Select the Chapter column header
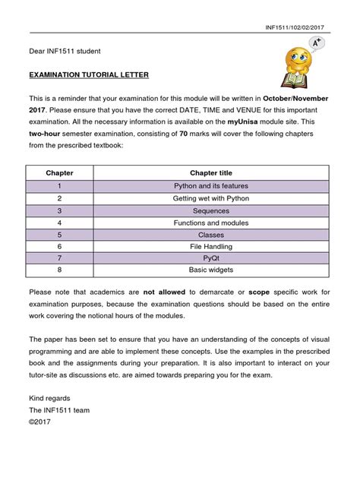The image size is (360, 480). (x=59, y=172)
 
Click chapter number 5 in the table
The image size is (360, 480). (x=58, y=234)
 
